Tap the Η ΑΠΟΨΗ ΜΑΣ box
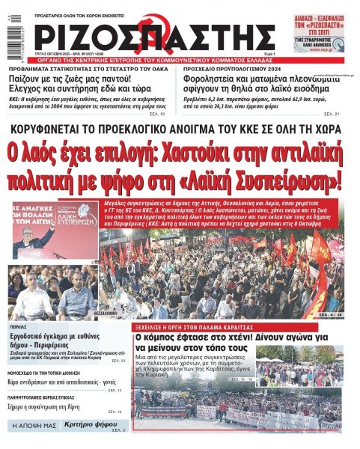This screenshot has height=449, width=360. (34, 425)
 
